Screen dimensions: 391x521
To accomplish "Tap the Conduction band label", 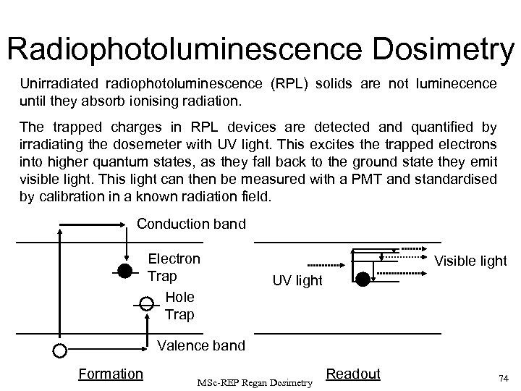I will click(x=191, y=224).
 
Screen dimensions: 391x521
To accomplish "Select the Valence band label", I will click(x=201, y=345).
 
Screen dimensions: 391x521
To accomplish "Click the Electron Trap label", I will click(x=174, y=266).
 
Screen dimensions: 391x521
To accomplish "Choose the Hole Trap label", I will click(x=179, y=306).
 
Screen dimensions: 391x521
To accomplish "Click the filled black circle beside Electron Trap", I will click(x=124, y=272).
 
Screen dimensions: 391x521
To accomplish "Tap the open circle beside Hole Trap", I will click(x=146, y=303).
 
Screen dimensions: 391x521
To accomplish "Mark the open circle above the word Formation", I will click(x=59, y=350).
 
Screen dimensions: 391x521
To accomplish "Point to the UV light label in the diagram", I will click(x=297, y=280).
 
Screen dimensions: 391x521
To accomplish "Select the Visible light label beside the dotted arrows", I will click(x=470, y=261).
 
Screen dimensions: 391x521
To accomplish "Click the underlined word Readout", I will click(x=353, y=374).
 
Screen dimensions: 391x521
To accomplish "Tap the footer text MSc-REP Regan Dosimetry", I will click(x=254, y=380).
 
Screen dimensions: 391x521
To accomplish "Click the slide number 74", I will click(x=504, y=377).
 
